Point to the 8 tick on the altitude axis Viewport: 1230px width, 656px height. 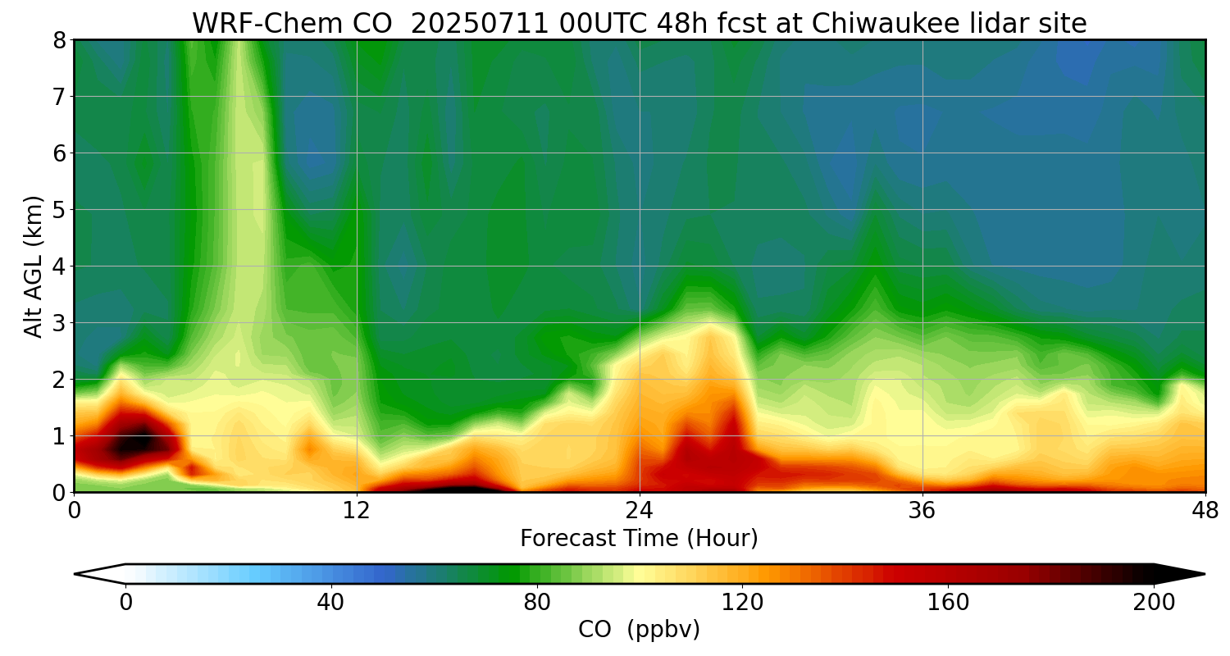[59, 40]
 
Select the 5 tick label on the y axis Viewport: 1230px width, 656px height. [59, 210]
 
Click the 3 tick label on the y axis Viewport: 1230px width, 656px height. [59, 323]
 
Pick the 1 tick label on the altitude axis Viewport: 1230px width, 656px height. [59, 436]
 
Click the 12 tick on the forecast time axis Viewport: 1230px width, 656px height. [357, 510]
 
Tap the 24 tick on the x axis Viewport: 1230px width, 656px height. [640, 510]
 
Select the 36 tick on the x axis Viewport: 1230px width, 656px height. [922, 510]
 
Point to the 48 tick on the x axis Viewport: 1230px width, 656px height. [1205, 510]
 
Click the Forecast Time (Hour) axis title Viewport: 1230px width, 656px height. [639, 539]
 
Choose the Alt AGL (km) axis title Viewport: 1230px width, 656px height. [34, 266]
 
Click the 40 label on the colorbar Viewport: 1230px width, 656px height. [331, 603]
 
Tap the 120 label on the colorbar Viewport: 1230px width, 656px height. [743, 603]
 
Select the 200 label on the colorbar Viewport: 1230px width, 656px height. [1154, 603]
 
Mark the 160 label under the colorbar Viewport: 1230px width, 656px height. [949, 603]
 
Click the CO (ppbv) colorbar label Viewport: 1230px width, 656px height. [639, 630]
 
